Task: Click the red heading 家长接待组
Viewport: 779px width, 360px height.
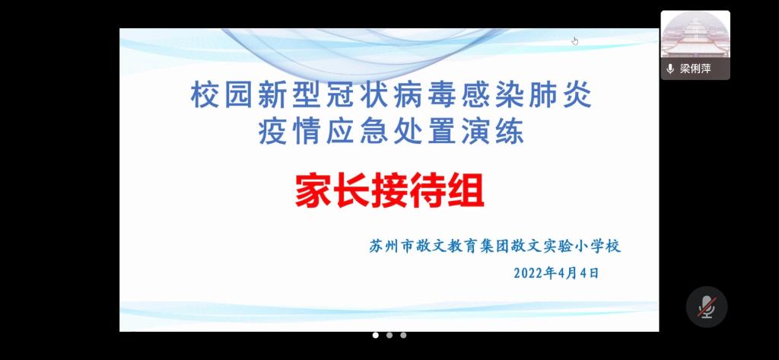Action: pyautogui.click(x=389, y=192)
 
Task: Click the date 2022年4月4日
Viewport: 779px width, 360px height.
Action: pyautogui.click(x=556, y=273)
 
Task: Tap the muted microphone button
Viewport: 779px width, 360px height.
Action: pyautogui.click(x=707, y=307)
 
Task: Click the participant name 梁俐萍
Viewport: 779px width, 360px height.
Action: pyautogui.click(x=695, y=69)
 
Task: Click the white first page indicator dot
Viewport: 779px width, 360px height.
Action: pyautogui.click(x=376, y=335)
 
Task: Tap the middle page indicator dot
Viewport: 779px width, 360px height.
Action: pyautogui.click(x=389, y=335)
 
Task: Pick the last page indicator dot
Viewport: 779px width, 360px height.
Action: pyautogui.click(x=403, y=335)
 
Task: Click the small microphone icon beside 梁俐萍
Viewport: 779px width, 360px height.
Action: pyautogui.click(x=670, y=69)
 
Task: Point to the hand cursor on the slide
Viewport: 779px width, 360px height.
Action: pyautogui.click(x=575, y=41)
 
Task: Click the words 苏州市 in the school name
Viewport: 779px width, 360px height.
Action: pyautogui.click(x=390, y=246)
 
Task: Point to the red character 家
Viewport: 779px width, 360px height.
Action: pyautogui.click(x=313, y=192)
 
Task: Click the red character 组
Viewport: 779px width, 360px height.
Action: pyautogui.click(x=466, y=192)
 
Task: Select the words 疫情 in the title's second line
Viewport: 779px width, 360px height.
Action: pyautogui.click(x=290, y=132)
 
